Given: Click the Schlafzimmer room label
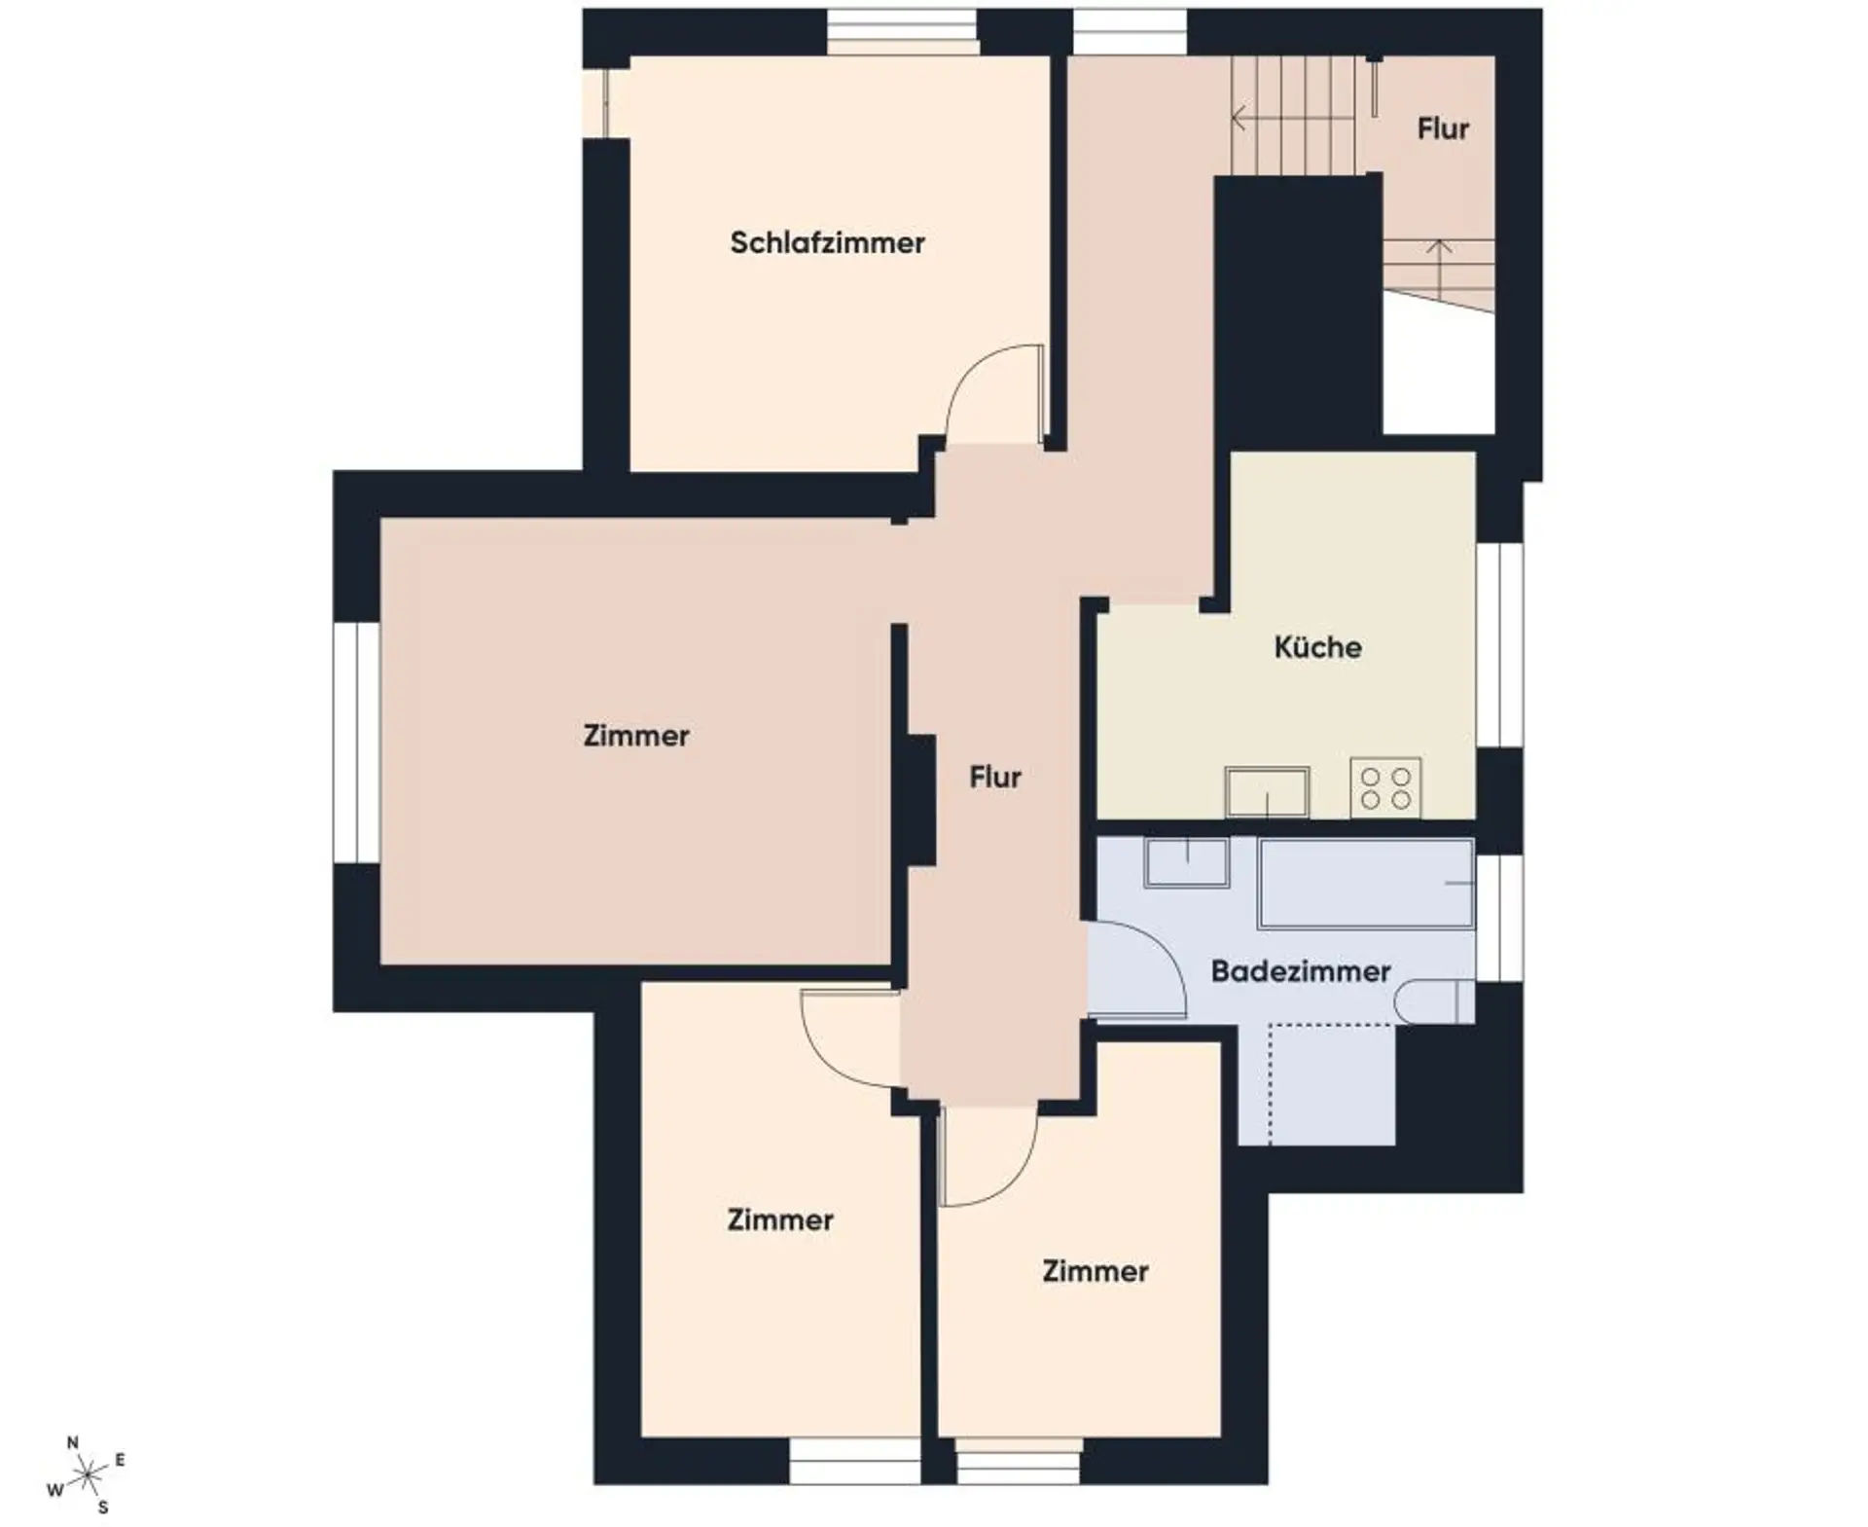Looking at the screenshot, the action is click(x=827, y=242).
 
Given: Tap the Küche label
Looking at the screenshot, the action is click(x=1317, y=646).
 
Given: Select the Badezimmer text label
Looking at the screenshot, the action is click(x=1300, y=970).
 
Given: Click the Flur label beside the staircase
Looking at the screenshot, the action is click(x=1443, y=128).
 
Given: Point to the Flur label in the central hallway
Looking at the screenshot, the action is click(x=995, y=777).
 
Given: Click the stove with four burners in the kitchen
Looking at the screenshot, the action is click(x=1385, y=787).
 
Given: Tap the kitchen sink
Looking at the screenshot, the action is click(x=1267, y=792).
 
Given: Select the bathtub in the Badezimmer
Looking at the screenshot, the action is click(x=1367, y=883).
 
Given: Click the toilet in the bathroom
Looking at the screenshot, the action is click(x=1435, y=1001).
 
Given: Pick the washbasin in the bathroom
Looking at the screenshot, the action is click(x=1187, y=862).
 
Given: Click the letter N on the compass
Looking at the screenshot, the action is click(x=72, y=1443).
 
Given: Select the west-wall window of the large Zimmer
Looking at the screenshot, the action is click(x=356, y=743).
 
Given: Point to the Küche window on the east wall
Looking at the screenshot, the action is click(x=1499, y=644).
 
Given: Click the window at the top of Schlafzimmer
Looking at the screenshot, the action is click(x=902, y=32).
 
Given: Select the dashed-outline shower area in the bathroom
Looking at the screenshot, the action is click(x=1332, y=1083).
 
